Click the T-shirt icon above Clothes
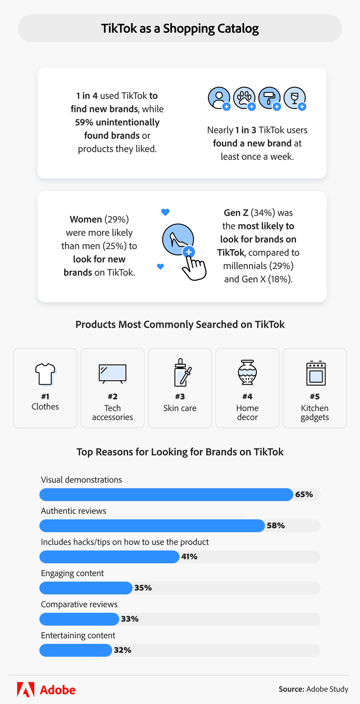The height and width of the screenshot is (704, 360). click(x=45, y=374)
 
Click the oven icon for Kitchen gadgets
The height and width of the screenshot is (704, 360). click(x=315, y=374)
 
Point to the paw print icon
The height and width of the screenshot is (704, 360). click(x=244, y=97)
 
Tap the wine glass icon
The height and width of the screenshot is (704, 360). click(x=294, y=97)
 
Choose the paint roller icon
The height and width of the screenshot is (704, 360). click(x=269, y=97)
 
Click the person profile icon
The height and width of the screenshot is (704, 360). click(x=218, y=97)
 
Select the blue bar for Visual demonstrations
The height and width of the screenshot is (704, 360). click(x=166, y=495)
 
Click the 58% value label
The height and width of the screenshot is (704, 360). click(x=276, y=525)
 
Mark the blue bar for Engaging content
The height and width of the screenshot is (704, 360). click(x=85, y=588)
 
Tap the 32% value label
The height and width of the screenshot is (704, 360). click(x=122, y=650)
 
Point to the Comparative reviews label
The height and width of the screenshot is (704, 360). click(x=79, y=604)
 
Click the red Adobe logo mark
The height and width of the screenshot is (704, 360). click(x=25, y=690)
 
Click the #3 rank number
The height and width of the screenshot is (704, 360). click(x=180, y=397)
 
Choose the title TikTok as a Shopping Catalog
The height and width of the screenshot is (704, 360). click(x=180, y=28)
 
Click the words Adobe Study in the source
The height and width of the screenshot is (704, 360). click(x=327, y=689)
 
